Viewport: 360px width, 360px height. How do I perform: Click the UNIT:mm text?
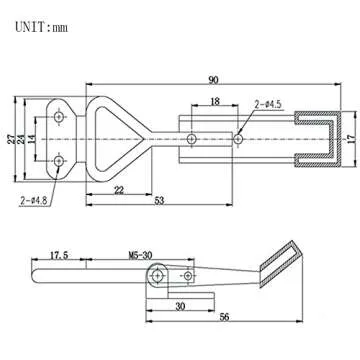click(x=41, y=27)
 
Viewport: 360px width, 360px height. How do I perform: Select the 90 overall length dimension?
click(x=213, y=80)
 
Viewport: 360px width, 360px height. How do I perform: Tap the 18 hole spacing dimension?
click(x=215, y=101)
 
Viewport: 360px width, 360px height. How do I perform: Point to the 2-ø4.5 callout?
click(x=268, y=105)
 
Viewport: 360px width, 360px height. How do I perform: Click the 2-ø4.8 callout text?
click(x=34, y=200)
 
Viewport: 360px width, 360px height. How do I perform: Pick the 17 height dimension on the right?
click(x=351, y=139)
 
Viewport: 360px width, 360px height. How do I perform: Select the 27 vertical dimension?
click(x=11, y=139)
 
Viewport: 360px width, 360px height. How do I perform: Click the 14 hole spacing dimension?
click(x=32, y=139)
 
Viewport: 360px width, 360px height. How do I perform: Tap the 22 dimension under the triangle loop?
click(x=119, y=190)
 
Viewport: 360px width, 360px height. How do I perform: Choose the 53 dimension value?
click(x=160, y=201)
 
